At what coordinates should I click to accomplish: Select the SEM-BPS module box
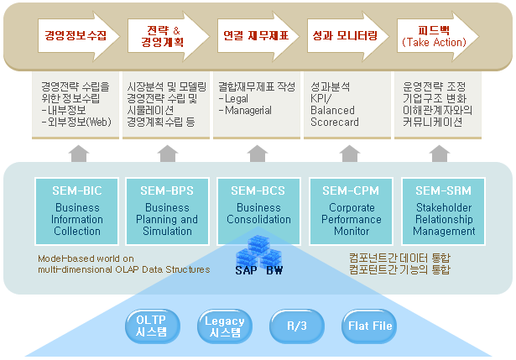click(168, 211)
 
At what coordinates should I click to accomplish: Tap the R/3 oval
click(296, 326)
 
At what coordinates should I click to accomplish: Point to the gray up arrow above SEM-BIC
click(78, 154)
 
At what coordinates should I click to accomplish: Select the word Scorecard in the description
click(335, 123)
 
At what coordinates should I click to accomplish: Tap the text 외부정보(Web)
click(81, 123)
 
